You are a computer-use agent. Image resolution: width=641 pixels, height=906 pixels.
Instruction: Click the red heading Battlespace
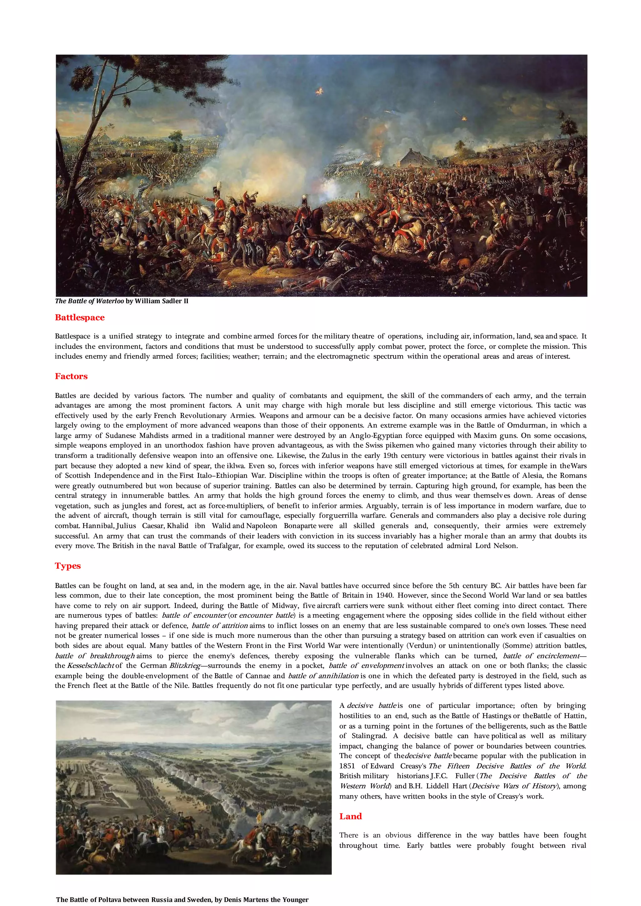point(80,318)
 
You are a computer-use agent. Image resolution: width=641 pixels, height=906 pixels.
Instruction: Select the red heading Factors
point(71,376)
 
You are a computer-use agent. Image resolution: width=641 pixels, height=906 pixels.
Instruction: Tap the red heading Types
point(68,566)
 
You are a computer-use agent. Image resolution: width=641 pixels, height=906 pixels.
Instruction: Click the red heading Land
point(351,817)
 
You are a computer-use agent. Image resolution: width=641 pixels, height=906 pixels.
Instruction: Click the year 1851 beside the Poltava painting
point(347,766)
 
